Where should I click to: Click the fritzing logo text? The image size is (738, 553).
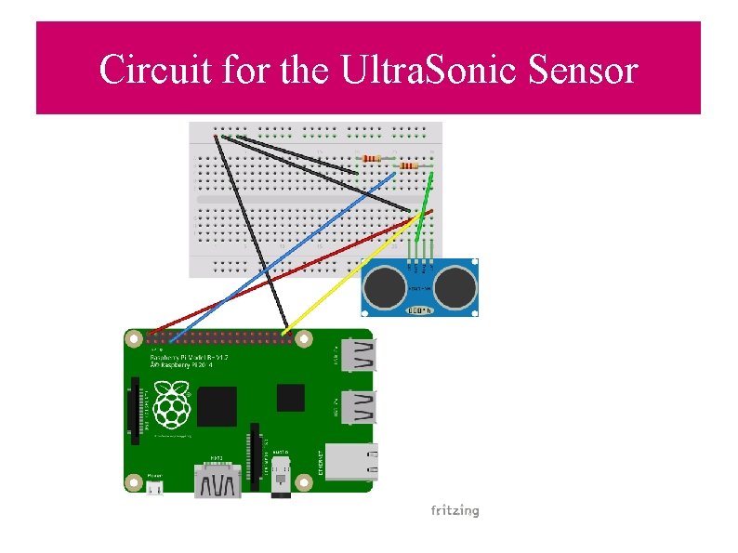[455, 510]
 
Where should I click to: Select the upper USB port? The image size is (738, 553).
[359, 355]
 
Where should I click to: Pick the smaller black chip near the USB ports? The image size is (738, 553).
[290, 398]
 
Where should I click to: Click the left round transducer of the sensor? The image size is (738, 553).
[384, 286]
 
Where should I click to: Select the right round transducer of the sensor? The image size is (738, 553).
[455, 286]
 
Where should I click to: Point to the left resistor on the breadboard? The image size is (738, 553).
[371, 158]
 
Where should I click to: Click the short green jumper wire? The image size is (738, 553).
[427, 200]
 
